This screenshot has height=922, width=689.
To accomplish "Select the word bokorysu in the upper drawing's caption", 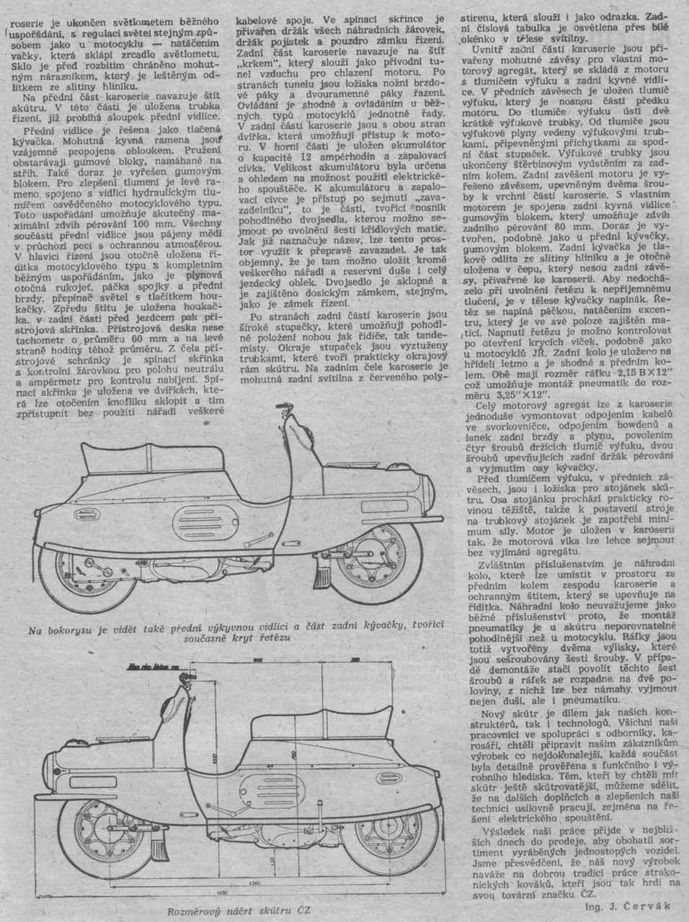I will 79,632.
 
